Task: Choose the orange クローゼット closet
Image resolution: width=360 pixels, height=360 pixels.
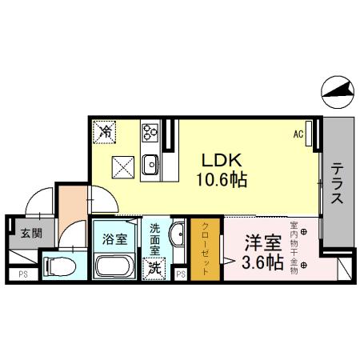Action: pos(205,250)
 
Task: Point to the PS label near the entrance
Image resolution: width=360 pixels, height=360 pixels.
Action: pos(21,274)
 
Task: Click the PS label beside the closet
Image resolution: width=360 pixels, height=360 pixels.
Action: pos(181,274)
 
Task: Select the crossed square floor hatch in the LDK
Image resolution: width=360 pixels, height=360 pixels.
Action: pos(124,166)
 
